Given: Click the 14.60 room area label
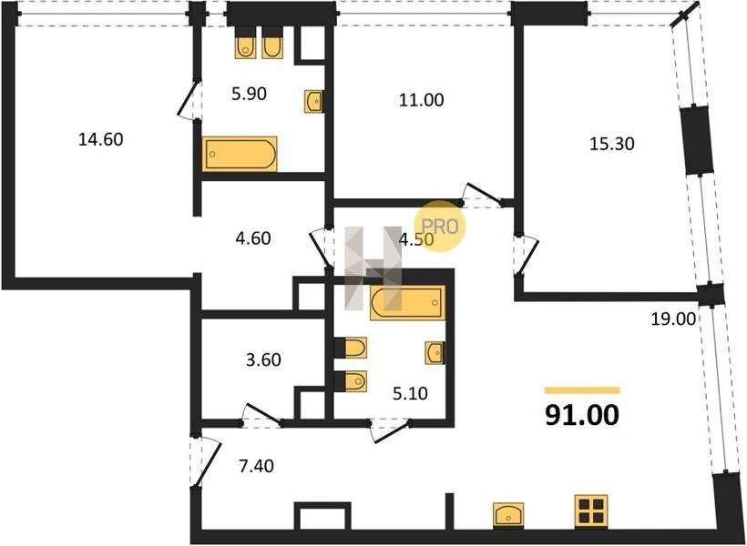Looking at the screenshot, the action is pos(100,139).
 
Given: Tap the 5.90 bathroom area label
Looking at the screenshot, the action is pos(249,94).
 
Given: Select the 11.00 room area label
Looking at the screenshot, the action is pos(421,100).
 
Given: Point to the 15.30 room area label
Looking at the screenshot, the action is pos(611,143).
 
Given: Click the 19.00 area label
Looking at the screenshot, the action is pos(673,318).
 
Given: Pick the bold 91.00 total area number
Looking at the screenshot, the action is pos(582,415).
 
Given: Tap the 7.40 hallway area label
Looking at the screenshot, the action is pos(256,466).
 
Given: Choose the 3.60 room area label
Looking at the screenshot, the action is pos(263,359).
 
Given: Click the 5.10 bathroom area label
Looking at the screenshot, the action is pos(410,394).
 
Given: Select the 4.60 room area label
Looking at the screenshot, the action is pos(253,238).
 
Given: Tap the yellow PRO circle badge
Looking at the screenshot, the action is pos(439,227).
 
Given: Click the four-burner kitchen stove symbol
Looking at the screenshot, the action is pos(590,511).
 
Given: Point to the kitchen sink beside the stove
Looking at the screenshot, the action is pos(508,514).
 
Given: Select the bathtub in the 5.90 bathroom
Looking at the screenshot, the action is pos(240,154).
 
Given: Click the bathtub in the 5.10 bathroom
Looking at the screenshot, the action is pos(407,303).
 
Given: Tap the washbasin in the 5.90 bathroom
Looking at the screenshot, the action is pos(314,101).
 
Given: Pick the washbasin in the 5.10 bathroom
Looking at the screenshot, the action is pos(435,353).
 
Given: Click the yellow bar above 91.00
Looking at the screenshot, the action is pos(582,390).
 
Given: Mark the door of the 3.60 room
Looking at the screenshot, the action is pos(261,414).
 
